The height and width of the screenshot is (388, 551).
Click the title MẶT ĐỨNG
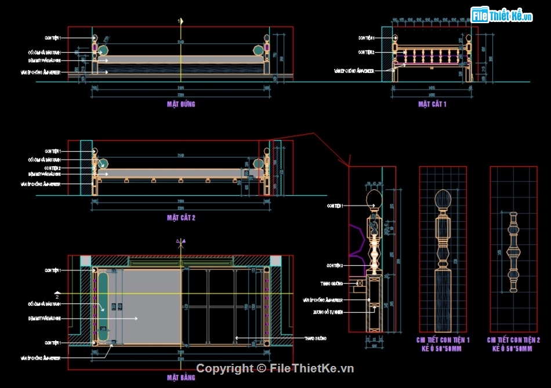click(181, 104)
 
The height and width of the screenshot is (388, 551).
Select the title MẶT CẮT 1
click(432, 104)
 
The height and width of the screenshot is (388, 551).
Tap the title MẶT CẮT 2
click(181, 218)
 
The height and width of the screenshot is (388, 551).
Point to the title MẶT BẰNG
click(181, 378)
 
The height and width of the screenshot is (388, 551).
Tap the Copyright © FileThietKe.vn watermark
click(275, 368)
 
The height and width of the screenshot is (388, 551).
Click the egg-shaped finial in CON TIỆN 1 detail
click(444, 201)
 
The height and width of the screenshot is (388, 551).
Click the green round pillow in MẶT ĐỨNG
click(103, 50)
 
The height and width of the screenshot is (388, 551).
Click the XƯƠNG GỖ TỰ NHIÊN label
click(331, 312)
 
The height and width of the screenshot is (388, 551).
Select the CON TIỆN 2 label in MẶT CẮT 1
click(366, 52)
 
